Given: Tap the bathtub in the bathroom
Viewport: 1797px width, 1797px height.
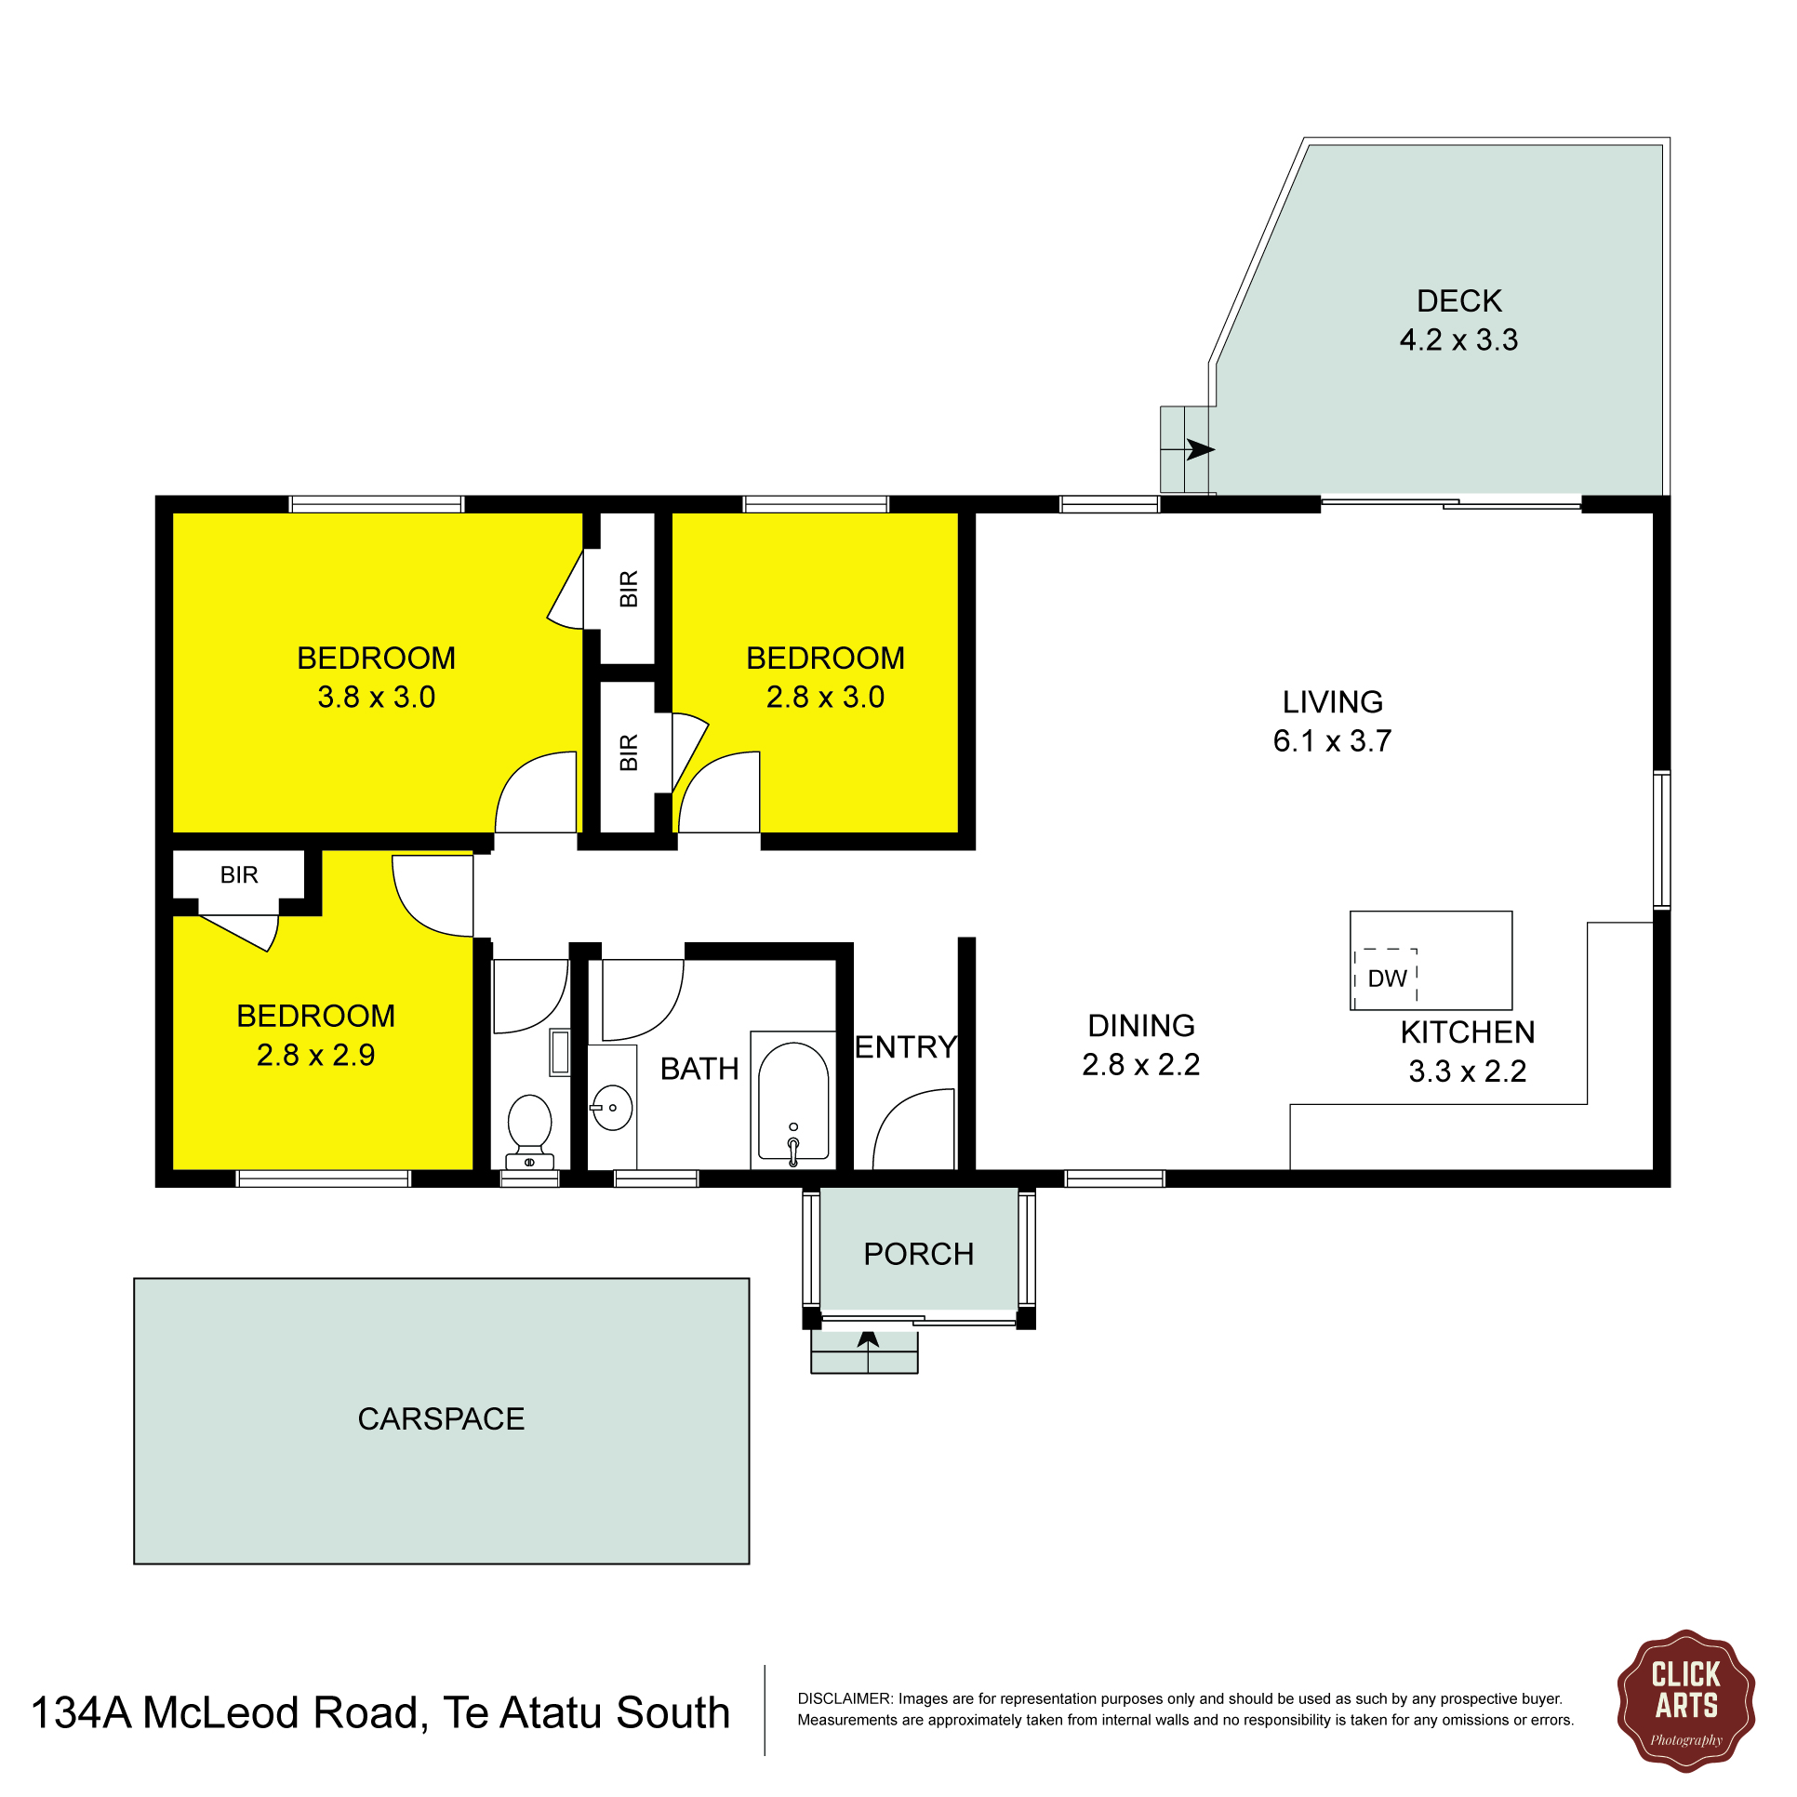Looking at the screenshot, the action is pos(793,1100).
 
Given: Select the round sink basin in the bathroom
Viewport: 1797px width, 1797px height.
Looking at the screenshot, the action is pos(612,1107).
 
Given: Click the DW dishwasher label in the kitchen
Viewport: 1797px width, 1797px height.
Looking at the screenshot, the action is pos(1387,978).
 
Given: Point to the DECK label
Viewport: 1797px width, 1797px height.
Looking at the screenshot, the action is pos(1458,300).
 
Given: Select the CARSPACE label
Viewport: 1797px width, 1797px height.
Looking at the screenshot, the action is pos(441,1418).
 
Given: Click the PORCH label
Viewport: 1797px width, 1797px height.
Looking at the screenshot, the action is pos(918,1254).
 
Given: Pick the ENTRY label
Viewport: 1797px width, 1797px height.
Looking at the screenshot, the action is pos(906,1047).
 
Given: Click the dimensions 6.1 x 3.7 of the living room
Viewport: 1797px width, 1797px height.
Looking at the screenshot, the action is pos(1332,740).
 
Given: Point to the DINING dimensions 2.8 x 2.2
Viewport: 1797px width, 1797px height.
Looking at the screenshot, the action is pos(1140,1064).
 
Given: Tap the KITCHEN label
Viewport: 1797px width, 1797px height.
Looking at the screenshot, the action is pos(1468,1032).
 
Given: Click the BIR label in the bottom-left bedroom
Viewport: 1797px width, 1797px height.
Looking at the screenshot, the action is pos(239,874).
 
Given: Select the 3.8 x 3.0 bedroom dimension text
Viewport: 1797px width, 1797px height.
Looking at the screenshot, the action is pos(376,697).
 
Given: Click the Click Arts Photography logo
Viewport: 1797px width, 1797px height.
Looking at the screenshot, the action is pos(1685,1700).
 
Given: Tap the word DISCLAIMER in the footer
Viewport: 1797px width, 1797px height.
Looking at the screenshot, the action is pos(845,1698).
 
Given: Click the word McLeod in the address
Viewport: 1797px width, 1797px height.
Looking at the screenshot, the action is pos(220,1712).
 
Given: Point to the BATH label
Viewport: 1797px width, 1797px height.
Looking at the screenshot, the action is pos(699,1069).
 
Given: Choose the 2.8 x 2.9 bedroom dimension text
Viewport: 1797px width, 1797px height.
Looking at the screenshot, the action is pos(315,1055).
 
